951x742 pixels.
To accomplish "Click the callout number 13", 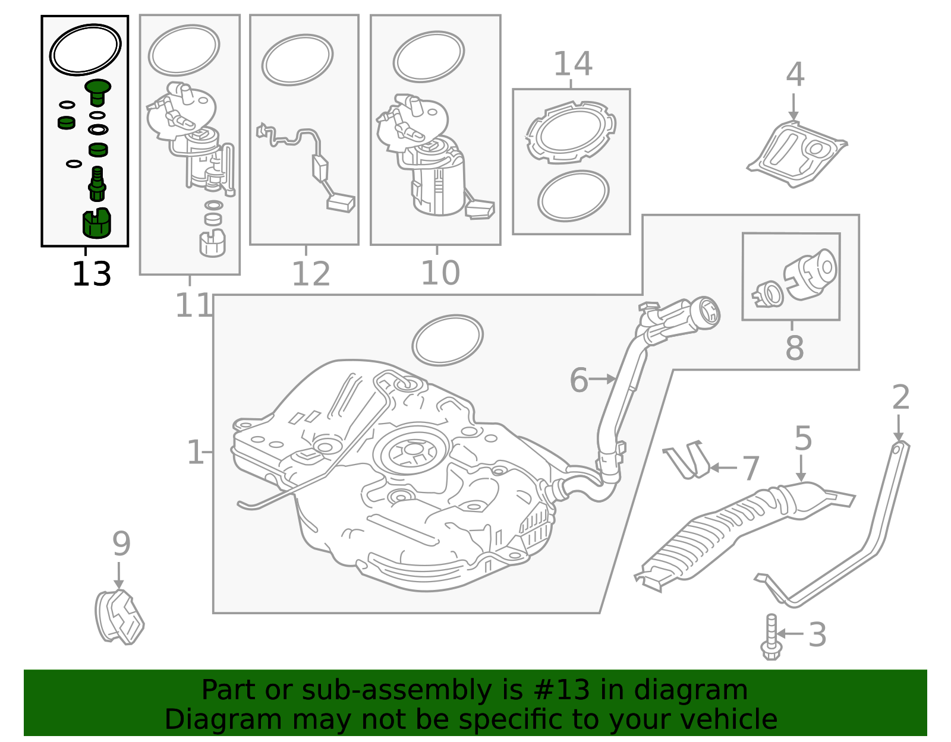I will pyautogui.click(x=91, y=274).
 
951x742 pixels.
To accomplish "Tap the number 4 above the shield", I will pyautogui.click(x=795, y=75).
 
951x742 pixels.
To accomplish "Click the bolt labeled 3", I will pyautogui.click(x=770, y=637).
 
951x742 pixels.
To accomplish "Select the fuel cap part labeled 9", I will pyautogui.click(x=119, y=617).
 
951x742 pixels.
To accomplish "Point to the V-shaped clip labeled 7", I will pyautogui.click(x=687, y=460).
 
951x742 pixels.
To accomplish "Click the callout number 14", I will pyautogui.click(x=572, y=64).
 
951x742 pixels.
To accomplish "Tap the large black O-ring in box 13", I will pyautogui.click(x=85, y=49).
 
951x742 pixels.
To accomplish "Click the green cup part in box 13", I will pyautogui.click(x=96, y=223).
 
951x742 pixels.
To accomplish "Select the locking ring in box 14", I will pyautogui.click(x=571, y=132).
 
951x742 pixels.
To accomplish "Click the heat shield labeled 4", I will pyautogui.click(x=796, y=153).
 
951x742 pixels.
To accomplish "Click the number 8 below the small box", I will pyautogui.click(x=794, y=348).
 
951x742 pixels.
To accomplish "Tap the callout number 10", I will pyautogui.click(x=440, y=273).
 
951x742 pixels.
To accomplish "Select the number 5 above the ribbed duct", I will pyautogui.click(x=802, y=438).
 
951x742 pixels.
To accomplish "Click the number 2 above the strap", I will pyautogui.click(x=900, y=397).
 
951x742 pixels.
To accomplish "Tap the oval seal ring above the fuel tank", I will pyautogui.click(x=447, y=340).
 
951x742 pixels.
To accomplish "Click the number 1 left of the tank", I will pyautogui.click(x=194, y=453).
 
